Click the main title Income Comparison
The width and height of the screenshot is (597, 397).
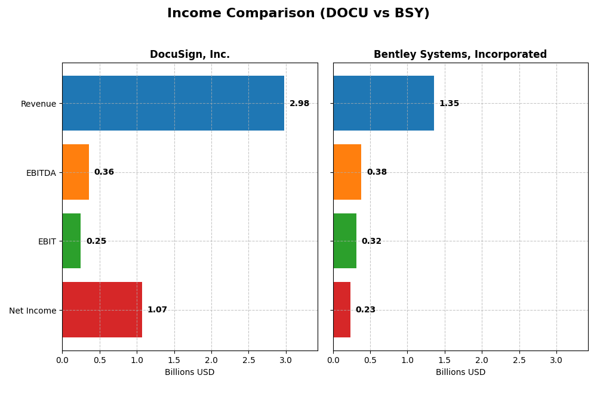coord(298,13)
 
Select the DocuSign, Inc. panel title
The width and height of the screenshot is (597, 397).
coord(189,55)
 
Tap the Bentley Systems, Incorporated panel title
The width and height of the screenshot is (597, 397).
coord(460,55)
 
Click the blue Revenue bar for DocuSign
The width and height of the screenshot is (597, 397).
coord(173,103)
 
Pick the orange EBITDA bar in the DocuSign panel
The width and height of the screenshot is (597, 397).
coord(75,172)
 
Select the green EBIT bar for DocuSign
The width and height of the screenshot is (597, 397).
coord(71,241)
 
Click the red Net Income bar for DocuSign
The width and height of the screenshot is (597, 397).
coord(102,309)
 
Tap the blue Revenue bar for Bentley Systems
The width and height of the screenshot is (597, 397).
coord(383,103)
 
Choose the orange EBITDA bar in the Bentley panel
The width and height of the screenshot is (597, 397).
coord(347,172)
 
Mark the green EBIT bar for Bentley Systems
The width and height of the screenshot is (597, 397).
coord(344,241)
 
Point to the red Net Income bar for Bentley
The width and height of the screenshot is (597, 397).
coord(341,309)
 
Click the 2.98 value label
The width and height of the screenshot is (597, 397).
coord(299,104)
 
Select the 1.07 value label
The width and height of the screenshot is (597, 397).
coord(157,310)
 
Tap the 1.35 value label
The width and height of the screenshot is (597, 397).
coord(449,104)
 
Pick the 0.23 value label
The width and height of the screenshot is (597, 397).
coord(365,310)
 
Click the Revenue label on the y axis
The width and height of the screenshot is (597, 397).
coord(38,104)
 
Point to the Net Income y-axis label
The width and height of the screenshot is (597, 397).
coord(32,311)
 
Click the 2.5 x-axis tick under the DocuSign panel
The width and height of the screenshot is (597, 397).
coord(248,360)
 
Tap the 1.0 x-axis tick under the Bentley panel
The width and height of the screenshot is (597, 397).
coord(407,360)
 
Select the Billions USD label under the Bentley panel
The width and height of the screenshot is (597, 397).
coord(460,372)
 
